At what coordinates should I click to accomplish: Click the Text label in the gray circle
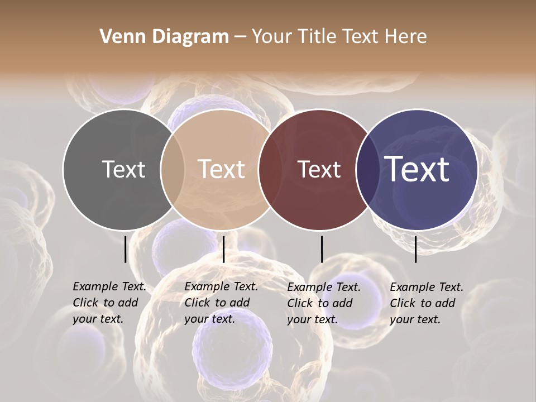pos(123,169)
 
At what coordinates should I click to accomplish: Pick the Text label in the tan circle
pos(222,169)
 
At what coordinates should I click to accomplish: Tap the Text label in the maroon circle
pos(319,169)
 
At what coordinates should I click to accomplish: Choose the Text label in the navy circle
pos(417,169)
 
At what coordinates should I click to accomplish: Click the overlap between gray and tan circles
pos(173,169)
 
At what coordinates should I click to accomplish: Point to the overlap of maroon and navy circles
pos(367,169)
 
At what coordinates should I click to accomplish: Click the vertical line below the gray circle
pos(125,249)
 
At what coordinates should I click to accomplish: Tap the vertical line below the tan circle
pos(223,249)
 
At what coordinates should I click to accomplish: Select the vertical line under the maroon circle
pos(322,249)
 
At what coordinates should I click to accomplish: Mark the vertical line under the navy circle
pos(415,249)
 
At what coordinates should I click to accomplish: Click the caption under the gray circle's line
pos(109,303)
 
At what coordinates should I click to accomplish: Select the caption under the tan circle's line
pos(221,303)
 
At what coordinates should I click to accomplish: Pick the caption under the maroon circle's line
pos(323,303)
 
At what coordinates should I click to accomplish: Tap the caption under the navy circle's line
pos(426,303)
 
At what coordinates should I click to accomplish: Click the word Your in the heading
pos(272,37)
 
